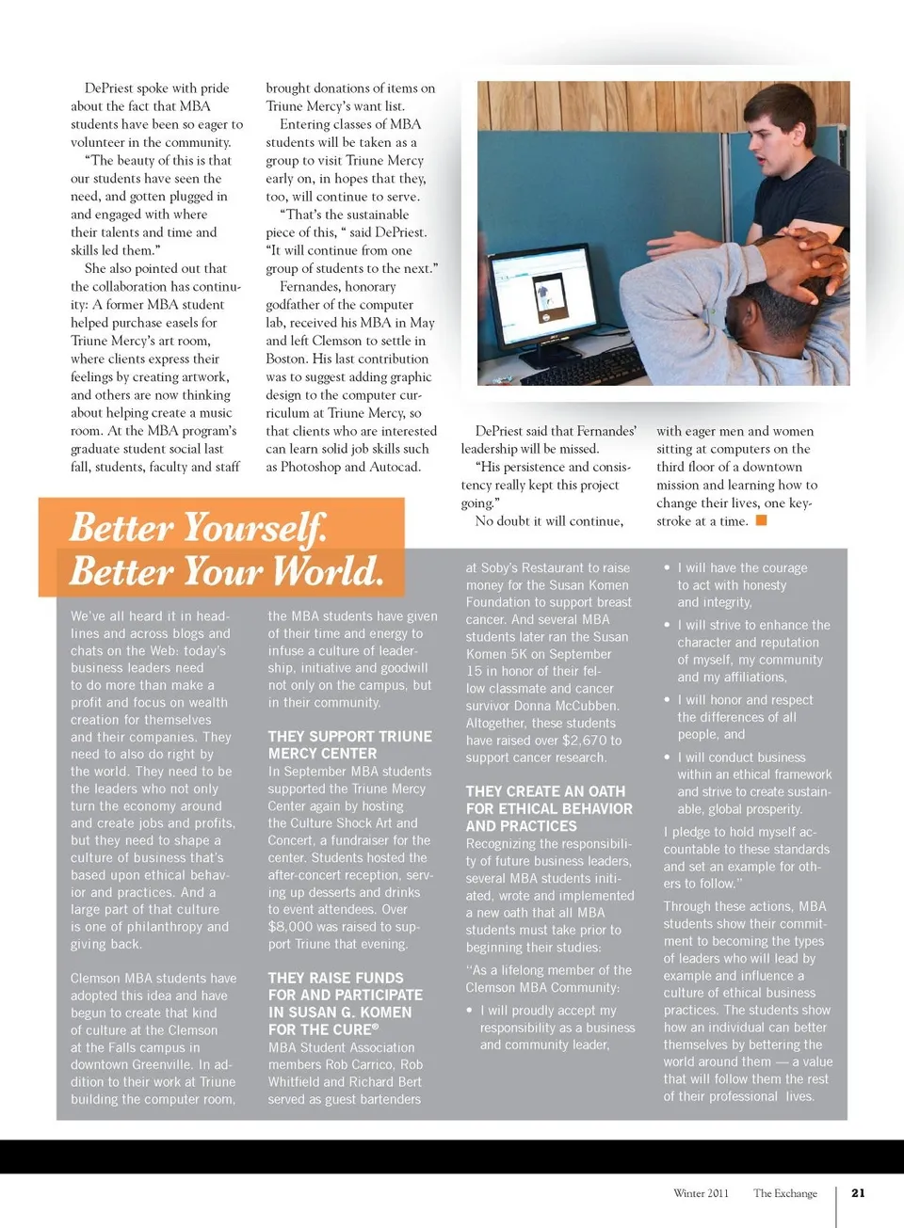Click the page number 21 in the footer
point(858,1193)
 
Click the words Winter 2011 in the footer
point(701,1193)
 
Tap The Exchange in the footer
point(785,1193)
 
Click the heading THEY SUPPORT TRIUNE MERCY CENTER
point(349,745)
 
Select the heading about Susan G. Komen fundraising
point(345,1004)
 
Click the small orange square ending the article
point(762,520)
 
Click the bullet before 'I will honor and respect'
point(667,700)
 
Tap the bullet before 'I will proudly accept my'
point(470,1011)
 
